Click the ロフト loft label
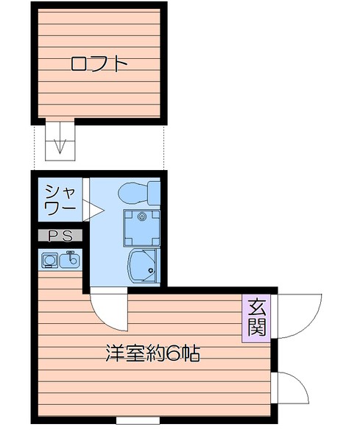click(99, 63)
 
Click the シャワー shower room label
click(60, 199)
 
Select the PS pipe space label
click(60, 236)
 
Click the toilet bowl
click(133, 192)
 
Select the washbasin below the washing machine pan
click(142, 266)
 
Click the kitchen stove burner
click(49, 260)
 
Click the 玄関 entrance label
click(255, 317)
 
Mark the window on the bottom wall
click(138, 421)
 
